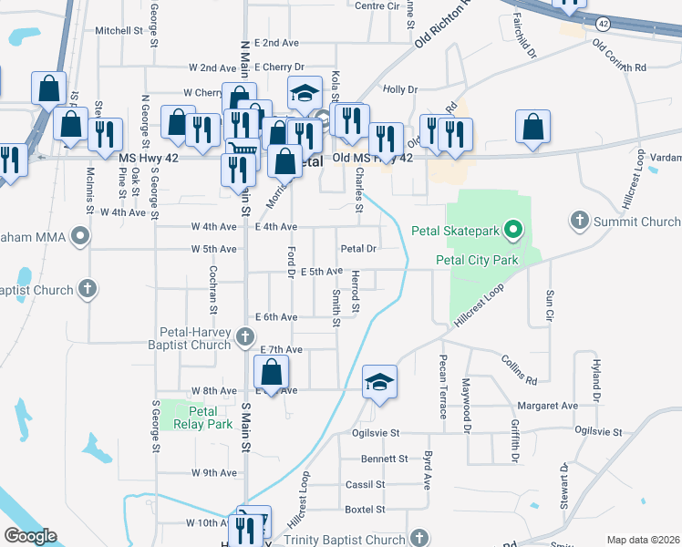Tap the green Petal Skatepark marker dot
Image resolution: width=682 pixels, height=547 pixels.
coord(514,230)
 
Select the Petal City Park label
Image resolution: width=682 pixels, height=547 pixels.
coord(477,261)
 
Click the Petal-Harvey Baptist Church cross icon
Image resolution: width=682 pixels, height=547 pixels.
coord(244,338)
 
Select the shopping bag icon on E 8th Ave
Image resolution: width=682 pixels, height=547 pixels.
coord(271,372)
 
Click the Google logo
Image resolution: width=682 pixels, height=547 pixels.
coord(30,536)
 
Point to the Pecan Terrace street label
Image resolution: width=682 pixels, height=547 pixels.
coord(442,386)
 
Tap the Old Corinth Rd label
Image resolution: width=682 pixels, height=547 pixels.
coord(619,56)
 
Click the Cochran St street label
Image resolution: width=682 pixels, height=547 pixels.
coord(212,285)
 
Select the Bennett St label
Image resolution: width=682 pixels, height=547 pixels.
coord(384,459)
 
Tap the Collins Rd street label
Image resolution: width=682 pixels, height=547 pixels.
coord(519,368)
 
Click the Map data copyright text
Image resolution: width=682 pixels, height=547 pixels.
coord(642,540)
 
